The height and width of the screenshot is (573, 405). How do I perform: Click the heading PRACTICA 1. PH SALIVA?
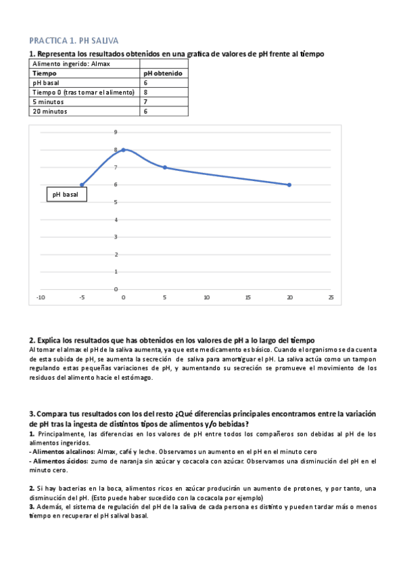[x=73, y=41]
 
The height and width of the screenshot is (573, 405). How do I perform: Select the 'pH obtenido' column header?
[x=162, y=73]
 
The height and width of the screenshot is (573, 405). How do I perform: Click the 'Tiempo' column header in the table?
[x=45, y=73]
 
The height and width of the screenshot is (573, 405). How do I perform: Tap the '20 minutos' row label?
[x=50, y=111]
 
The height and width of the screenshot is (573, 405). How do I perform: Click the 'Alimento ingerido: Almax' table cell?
[x=71, y=64]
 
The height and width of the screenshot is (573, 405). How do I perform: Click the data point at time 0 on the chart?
[x=123, y=149]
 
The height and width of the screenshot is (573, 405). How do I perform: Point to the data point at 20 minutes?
[x=289, y=184]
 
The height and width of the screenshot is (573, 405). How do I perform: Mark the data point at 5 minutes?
[x=164, y=167]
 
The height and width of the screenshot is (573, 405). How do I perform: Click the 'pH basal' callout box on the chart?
[x=66, y=195]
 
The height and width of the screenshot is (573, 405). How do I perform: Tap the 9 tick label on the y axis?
[x=116, y=132]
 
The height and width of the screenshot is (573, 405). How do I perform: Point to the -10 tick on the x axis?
[x=41, y=297]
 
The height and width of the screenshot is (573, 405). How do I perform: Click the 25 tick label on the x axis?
[x=331, y=297]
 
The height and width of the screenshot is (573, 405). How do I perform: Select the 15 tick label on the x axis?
[x=247, y=297]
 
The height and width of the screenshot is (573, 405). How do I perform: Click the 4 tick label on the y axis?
[x=116, y=220]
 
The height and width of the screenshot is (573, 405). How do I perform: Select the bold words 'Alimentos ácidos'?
[x=59, y=461]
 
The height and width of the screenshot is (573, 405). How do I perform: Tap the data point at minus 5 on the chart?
[x=82, y=184]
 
